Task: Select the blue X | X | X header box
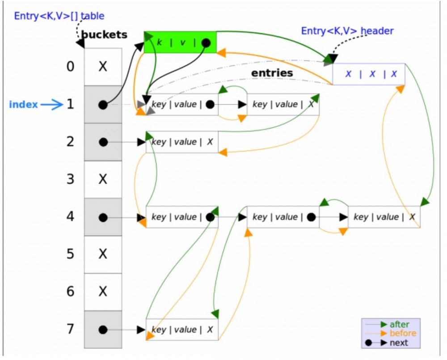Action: pos(369,74)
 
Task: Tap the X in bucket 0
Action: pos(103,67)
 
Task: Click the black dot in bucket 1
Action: pos(103,105)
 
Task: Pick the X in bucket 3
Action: pos(103,179)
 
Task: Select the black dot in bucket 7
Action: pos(103,330)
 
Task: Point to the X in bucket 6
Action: pos(103,292)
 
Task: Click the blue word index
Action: pos(23,105)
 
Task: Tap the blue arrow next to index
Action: pos(52,105)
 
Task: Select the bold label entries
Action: pos(272,73)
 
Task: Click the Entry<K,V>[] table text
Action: pos(59,16)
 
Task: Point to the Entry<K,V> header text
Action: pos(347,31)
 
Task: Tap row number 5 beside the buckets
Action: pos(70,254)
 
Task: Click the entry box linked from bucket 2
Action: pos(182,142)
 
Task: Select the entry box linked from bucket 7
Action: pos(182,330)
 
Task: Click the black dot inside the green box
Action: pos(206,43)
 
